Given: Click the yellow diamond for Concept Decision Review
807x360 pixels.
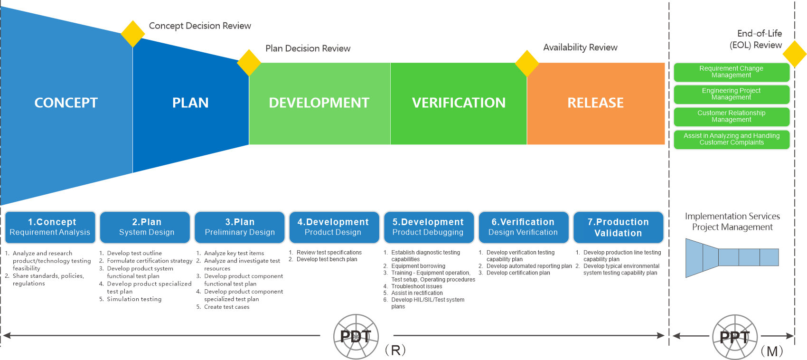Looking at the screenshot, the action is point(133,34).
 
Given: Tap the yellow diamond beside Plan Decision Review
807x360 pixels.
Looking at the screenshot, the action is point(249,63).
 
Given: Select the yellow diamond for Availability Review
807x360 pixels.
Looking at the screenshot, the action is point(527,64).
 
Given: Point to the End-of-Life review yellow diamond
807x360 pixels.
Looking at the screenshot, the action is point(794,54).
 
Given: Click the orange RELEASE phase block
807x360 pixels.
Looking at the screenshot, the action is point(596,104).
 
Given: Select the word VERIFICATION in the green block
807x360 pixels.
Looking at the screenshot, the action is point(459,103).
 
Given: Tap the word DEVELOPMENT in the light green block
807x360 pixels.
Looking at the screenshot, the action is point(319,103).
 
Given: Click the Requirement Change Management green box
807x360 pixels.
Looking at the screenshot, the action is point(732,72).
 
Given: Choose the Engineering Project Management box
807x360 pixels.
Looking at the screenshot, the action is point(732,94).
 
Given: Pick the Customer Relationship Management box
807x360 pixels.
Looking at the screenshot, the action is point(732,116).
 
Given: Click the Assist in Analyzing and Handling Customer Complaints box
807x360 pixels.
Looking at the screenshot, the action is point(732,139).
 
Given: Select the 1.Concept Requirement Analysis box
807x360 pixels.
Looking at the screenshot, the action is point(50,227).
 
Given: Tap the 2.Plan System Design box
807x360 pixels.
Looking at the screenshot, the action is point(145,227).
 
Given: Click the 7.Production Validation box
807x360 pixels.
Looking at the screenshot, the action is point(618,227).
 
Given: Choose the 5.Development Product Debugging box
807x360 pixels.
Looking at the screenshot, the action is point(429,227).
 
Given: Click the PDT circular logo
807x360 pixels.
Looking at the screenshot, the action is point(356,337).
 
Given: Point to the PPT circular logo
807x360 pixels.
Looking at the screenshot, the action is point(735,337).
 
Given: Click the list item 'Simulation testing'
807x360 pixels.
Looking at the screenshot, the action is point(134,299).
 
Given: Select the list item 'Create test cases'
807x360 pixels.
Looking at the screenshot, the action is point(226,307).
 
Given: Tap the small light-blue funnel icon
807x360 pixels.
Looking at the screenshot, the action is point(732,258).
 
